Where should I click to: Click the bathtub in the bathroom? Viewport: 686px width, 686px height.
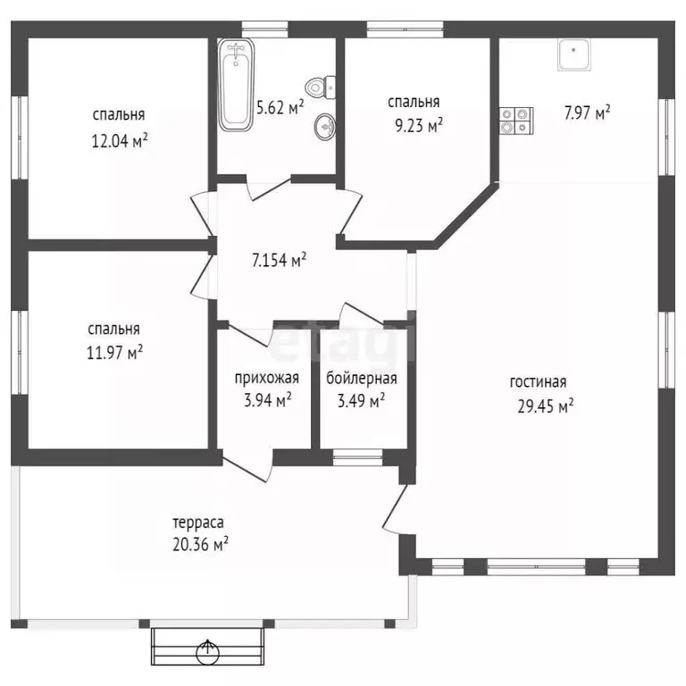tap(236, 84)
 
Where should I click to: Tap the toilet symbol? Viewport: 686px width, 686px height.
tap(317, 88)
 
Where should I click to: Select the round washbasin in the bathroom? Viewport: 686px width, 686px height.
tap(324, 129)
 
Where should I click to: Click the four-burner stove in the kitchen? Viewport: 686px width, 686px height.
tap(516, 121)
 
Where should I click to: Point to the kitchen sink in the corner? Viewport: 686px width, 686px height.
tap(572, 55)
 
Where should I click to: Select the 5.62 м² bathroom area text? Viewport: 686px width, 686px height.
tap(280, 108)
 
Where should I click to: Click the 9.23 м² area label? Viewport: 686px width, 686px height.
tap(415, 127)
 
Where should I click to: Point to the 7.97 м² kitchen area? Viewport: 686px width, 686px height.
tap(586, 113)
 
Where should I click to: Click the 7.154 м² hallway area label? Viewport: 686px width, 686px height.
tap(279, 261)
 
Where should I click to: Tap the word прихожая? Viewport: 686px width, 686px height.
tap(266, 379)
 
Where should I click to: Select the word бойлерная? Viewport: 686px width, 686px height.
tap(361, 379)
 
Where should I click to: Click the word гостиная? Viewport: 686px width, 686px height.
tap(539, 382)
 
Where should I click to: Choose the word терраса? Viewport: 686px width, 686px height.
tap(198, 522)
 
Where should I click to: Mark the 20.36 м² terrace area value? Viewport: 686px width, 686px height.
tap(201, 544)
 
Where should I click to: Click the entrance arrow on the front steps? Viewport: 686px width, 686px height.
tap(211, 648)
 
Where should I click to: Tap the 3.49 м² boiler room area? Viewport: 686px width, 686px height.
tap(361, 401)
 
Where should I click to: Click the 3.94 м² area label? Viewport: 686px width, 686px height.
tap(266, 401)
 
